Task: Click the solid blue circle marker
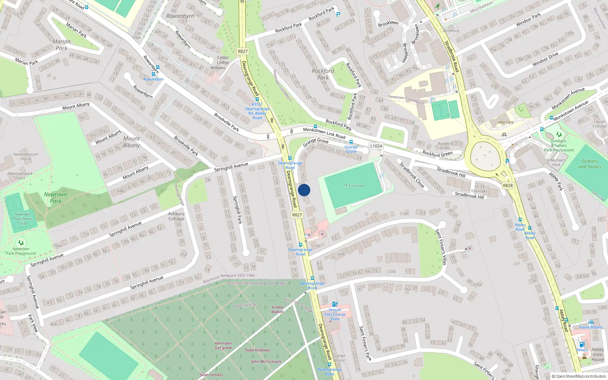point(304,190)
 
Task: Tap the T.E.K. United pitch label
point(353,186)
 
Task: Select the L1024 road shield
point(376,146)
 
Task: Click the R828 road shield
point(508,185)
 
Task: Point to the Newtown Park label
point(55,198)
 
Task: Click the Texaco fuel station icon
point(581,344)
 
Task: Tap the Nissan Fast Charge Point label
point(335,314)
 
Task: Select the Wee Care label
point(505,122)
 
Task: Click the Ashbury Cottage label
point(176,216)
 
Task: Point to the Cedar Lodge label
point(223,60)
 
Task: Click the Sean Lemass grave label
point(211,375)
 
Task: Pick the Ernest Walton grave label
point(277,309)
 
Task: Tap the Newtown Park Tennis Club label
point(23,219)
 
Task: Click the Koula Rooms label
point(591,327)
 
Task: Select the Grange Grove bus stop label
point(351,149)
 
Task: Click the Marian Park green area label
point(62,45)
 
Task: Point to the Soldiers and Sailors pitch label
point(589,164)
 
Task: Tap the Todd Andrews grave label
point(257,350)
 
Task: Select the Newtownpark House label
point(26,156)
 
